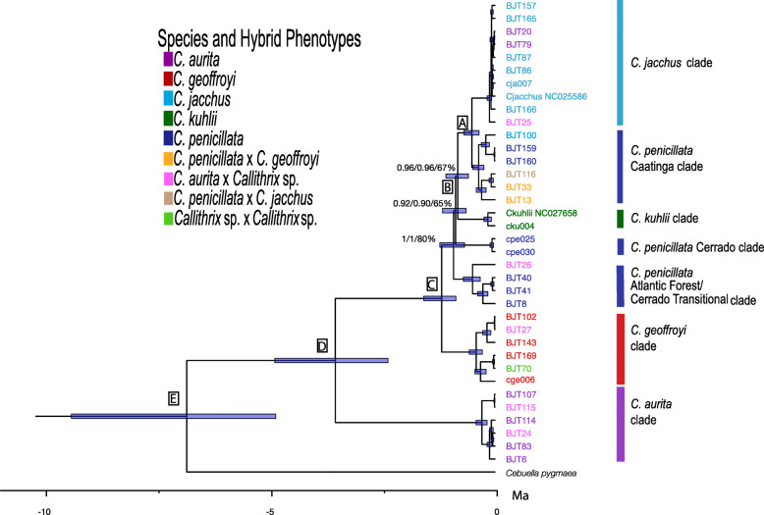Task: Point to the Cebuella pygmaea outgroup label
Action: click(541, 473)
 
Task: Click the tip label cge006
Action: click(520, 379)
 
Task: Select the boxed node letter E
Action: click(173, 397)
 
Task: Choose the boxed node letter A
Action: click(463, 122)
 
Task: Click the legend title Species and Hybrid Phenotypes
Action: click(259, 39)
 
